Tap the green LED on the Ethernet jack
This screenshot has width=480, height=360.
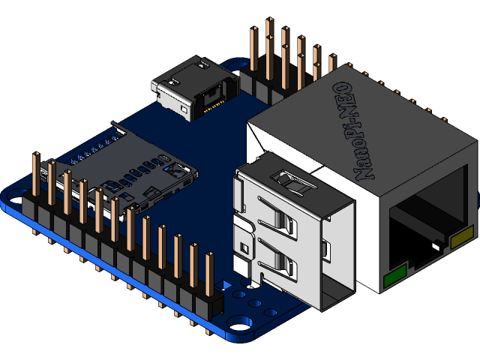394,275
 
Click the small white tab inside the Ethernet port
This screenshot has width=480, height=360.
435,245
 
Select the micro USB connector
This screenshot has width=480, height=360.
193,90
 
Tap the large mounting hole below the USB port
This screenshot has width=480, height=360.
241,322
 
